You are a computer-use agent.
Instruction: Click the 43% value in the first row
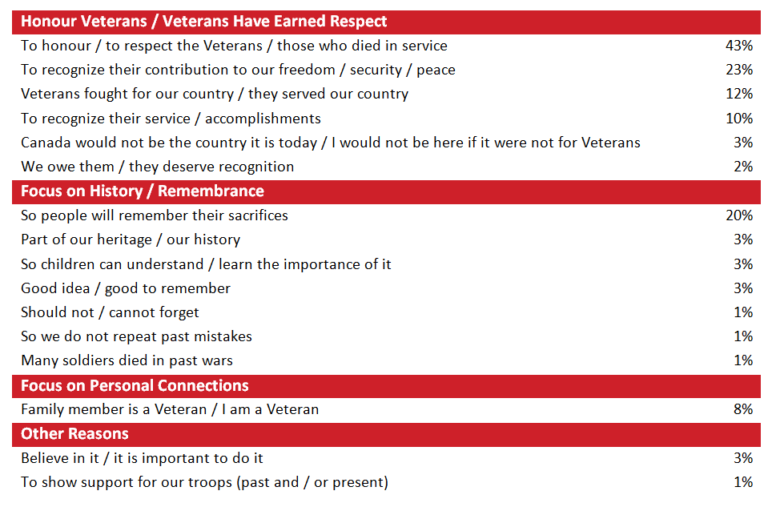pyautogui.click(x=738, y=46)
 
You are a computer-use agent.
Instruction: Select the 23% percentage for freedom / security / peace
pyautogui.click(x=738, y=70)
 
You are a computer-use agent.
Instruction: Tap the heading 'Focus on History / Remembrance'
pyautogui.click(x=142, y=191)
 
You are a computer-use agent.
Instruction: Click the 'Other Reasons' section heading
pyautogui.click(x=74, y=434)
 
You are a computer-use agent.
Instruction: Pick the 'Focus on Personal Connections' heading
pyautogui.click(x=135, y=385)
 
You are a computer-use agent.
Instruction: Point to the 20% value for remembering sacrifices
pyautogui.click(x=738, y=215)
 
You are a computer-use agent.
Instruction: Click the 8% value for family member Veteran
pyautogui.click(x=742, y=409)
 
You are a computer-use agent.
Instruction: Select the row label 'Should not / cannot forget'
pyautogui.click(x=110, y=312)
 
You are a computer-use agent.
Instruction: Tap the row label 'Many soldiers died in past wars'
pyautogui.click(x=127, y=360)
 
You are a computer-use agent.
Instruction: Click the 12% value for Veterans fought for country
pyautogui.click(x=738, y=94)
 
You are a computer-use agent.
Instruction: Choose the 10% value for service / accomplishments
pyautogui.click(x=738, y=119)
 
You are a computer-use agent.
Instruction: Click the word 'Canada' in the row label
pyautogui.click(x=46, y=143)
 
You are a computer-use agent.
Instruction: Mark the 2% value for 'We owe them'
pyautogui.click(x=742, y=167)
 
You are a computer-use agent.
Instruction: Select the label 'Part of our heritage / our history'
pyautogui.click(x=130, y=239)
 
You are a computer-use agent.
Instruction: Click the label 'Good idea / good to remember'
pyautogui.click(x=125, y=288)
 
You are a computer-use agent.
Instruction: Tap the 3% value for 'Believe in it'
pyautogui.click(x=742, y=458)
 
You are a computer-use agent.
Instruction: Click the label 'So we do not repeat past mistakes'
pyautogui.click(x=136, y=336)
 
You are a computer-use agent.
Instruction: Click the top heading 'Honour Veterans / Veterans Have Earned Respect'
pyautogui.click(x=203, y=22)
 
